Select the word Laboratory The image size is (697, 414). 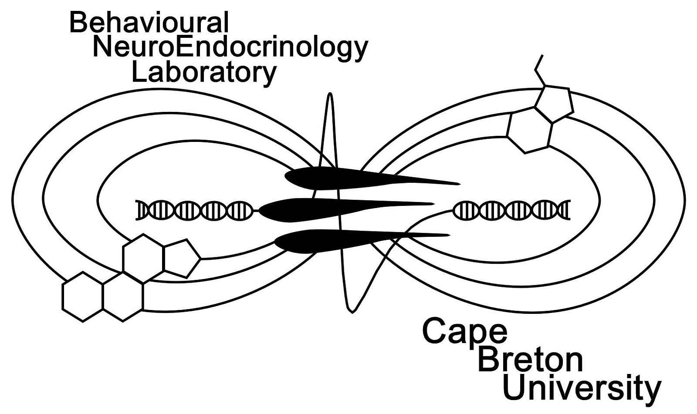click(204, 73)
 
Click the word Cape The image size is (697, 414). click(464, 332)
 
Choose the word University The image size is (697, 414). click(581, 389)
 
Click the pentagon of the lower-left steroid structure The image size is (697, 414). click(179, 258)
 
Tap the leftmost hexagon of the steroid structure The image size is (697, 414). click(83, 296)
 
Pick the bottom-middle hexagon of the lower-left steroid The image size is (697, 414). click(123, 296)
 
